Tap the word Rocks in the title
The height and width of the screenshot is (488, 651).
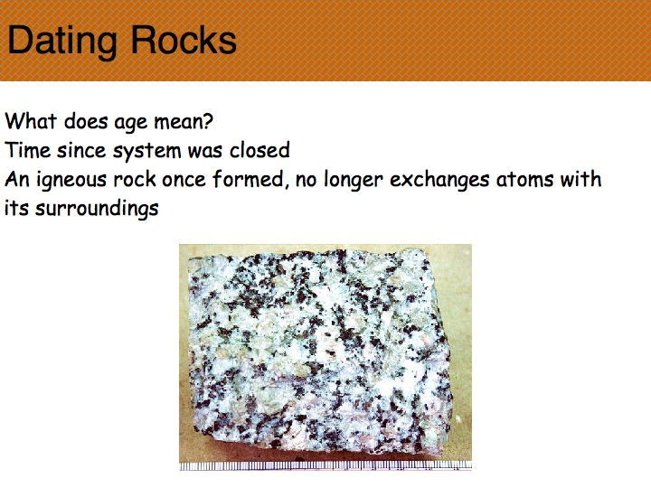(184, 40)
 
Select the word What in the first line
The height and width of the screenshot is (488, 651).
(31, 121)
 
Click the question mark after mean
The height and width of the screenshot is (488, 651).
(209, 121)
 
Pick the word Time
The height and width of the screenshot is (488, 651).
(27, 150)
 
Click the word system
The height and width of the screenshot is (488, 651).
(147, 152)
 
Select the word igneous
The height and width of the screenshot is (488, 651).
(72, 181)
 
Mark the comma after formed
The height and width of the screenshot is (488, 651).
(287, 186)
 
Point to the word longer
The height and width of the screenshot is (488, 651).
(353, 181)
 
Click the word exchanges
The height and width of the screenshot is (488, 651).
(439, 181)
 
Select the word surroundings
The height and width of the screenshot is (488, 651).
(97, 210)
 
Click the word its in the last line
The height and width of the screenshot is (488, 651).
(16, 209)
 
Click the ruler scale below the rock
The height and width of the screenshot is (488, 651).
(325, 465)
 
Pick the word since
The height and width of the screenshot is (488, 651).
(81, 150)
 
